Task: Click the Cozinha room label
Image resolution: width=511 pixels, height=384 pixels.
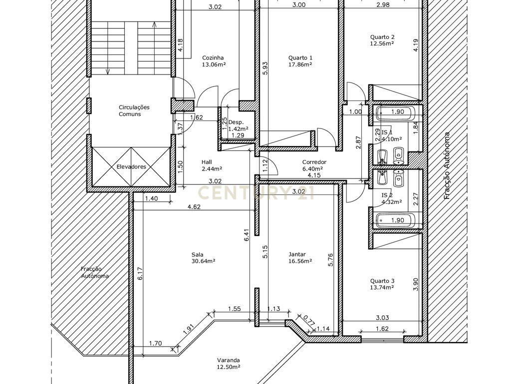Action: [213, 58]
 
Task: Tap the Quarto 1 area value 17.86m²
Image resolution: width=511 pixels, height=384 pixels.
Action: [300, 64]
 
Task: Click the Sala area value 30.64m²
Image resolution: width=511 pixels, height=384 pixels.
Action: [204, 261]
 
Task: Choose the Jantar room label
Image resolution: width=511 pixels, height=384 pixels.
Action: [297, 254]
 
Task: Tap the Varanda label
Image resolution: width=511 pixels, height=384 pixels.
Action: [229, 360]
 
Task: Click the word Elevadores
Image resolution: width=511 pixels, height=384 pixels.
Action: [131, 166]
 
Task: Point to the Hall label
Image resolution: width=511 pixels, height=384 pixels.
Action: [207, 162]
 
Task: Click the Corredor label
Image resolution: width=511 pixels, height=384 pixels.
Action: [314, 162]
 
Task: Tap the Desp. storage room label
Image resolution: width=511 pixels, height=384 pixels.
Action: [236, 122]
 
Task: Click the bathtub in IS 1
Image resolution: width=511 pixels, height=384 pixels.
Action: [396, 113]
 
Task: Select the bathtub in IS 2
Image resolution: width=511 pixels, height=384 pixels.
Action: [396, 220]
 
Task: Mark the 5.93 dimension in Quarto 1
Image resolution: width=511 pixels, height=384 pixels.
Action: [265, 68]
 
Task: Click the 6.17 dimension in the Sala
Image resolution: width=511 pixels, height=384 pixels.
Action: [140, 273]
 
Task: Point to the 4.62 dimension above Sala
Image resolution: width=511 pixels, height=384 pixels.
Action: [194, 206]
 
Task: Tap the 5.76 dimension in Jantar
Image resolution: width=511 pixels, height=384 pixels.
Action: [331, 260]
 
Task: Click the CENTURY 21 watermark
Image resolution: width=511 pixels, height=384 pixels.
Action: [256, 193]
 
